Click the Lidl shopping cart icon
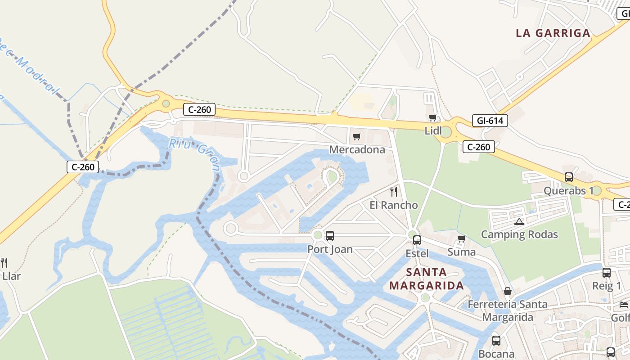pos(433,118)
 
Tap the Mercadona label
pos(357,149)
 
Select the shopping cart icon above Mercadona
pos(357,136)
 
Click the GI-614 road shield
pos(490,121)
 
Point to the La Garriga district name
pos(553,33)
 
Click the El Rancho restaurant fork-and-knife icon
pos(394,192)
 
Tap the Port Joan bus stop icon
pos(330,235)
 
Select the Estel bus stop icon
pos(417,240)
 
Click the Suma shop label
pos(461,252)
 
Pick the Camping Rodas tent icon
pos(520,221)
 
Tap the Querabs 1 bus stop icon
pos(569,177)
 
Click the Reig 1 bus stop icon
pos(607,272)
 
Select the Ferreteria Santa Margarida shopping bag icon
pos(508,291)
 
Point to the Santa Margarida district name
pos(426,279)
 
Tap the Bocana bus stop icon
pos(496,341)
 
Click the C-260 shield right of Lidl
pos(479,147)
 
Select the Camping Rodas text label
pos(519,234)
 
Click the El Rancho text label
pos(394,205)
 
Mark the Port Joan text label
pos(330,249)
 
